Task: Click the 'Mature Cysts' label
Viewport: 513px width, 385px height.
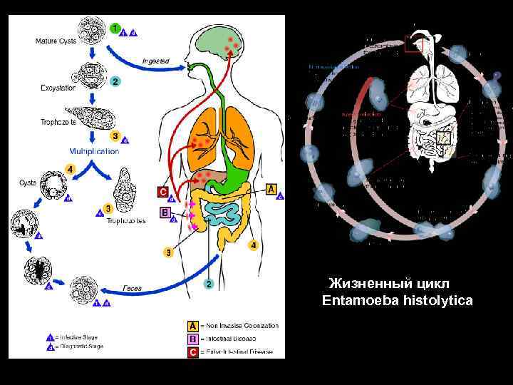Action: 56,41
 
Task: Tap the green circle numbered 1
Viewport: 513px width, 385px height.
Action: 115,28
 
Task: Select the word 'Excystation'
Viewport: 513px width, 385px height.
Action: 59,88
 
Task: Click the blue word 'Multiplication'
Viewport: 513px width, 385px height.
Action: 94,150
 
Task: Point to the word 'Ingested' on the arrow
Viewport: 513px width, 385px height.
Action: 155,61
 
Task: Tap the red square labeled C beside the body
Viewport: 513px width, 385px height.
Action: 163,191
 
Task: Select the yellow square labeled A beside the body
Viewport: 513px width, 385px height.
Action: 270,188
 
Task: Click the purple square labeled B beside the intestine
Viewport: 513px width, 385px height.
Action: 165,212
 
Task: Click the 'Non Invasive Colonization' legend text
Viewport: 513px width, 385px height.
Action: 239,325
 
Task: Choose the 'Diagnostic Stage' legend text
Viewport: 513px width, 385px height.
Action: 81,346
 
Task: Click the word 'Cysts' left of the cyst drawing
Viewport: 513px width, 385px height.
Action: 28,183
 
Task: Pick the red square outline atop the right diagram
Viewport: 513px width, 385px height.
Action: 414,44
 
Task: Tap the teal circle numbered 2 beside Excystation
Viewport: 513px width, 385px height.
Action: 115,81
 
